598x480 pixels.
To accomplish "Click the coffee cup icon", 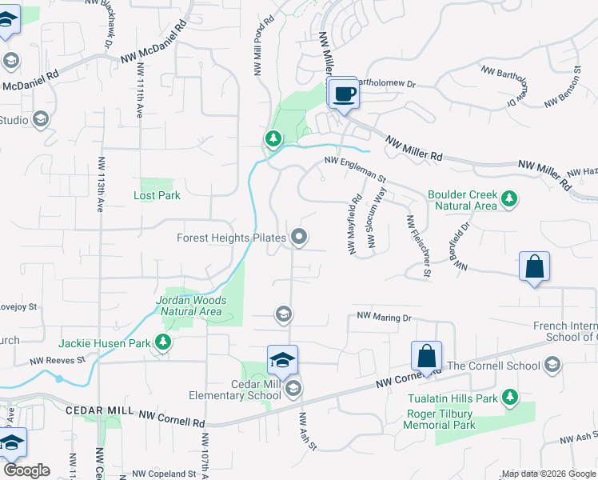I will (x=344, y=94).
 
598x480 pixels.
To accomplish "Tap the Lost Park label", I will (x=157, y=195).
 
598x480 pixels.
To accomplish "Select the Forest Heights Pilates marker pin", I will (x=300, y=237).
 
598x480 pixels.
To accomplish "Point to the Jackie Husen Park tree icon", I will (x=163, y=343).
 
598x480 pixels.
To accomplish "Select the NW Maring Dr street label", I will (x=383, y=318).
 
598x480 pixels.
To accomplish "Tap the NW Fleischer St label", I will (x=419, y=246).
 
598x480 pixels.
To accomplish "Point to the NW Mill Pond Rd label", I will (x=259, y=47).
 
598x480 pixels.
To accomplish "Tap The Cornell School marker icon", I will (x=551, y=366).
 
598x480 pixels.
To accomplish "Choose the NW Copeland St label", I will (x=165, y=474).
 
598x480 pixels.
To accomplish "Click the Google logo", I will (x=26, y=470).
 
